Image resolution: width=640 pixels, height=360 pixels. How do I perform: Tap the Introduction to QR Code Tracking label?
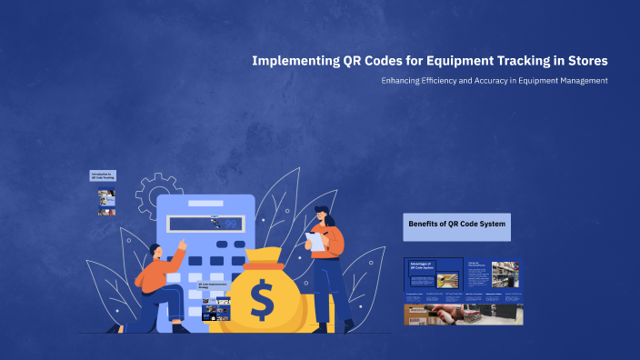pos(103,175)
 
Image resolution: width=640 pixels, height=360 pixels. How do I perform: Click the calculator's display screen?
pos(205,224)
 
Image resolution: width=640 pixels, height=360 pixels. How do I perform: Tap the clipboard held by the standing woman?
pos(315,241)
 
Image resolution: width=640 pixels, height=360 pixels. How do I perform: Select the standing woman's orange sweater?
pos(332,241)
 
